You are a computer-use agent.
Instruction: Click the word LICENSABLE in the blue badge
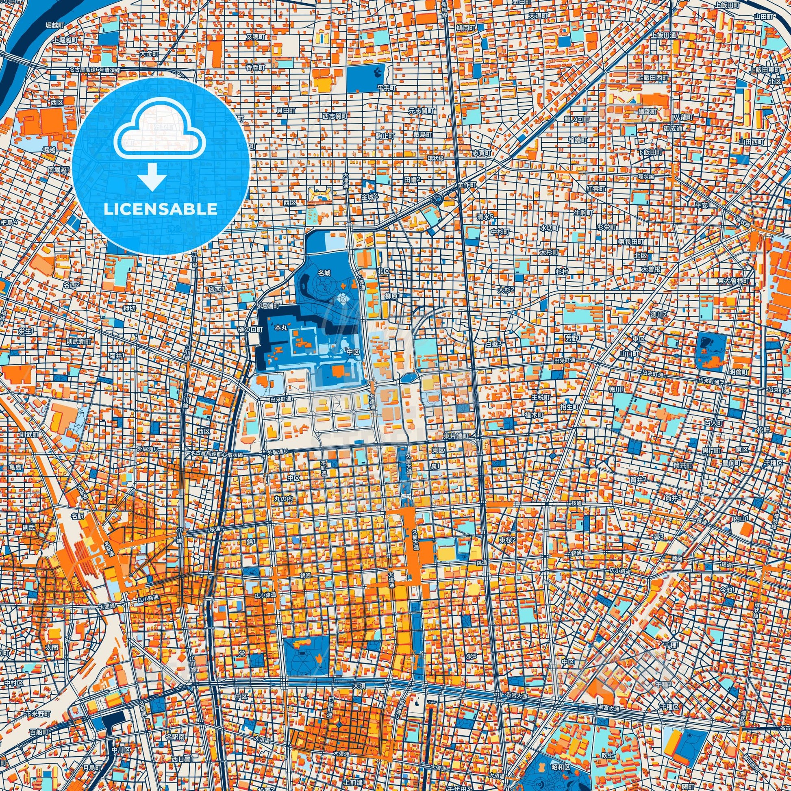tap(161, 209)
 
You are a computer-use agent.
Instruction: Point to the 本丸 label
tap(281, 328)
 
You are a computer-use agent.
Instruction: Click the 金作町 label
tap(467, 185)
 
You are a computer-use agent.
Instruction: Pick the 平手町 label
tap(386, 88)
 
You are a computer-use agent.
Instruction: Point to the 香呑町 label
tap(256, 67)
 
